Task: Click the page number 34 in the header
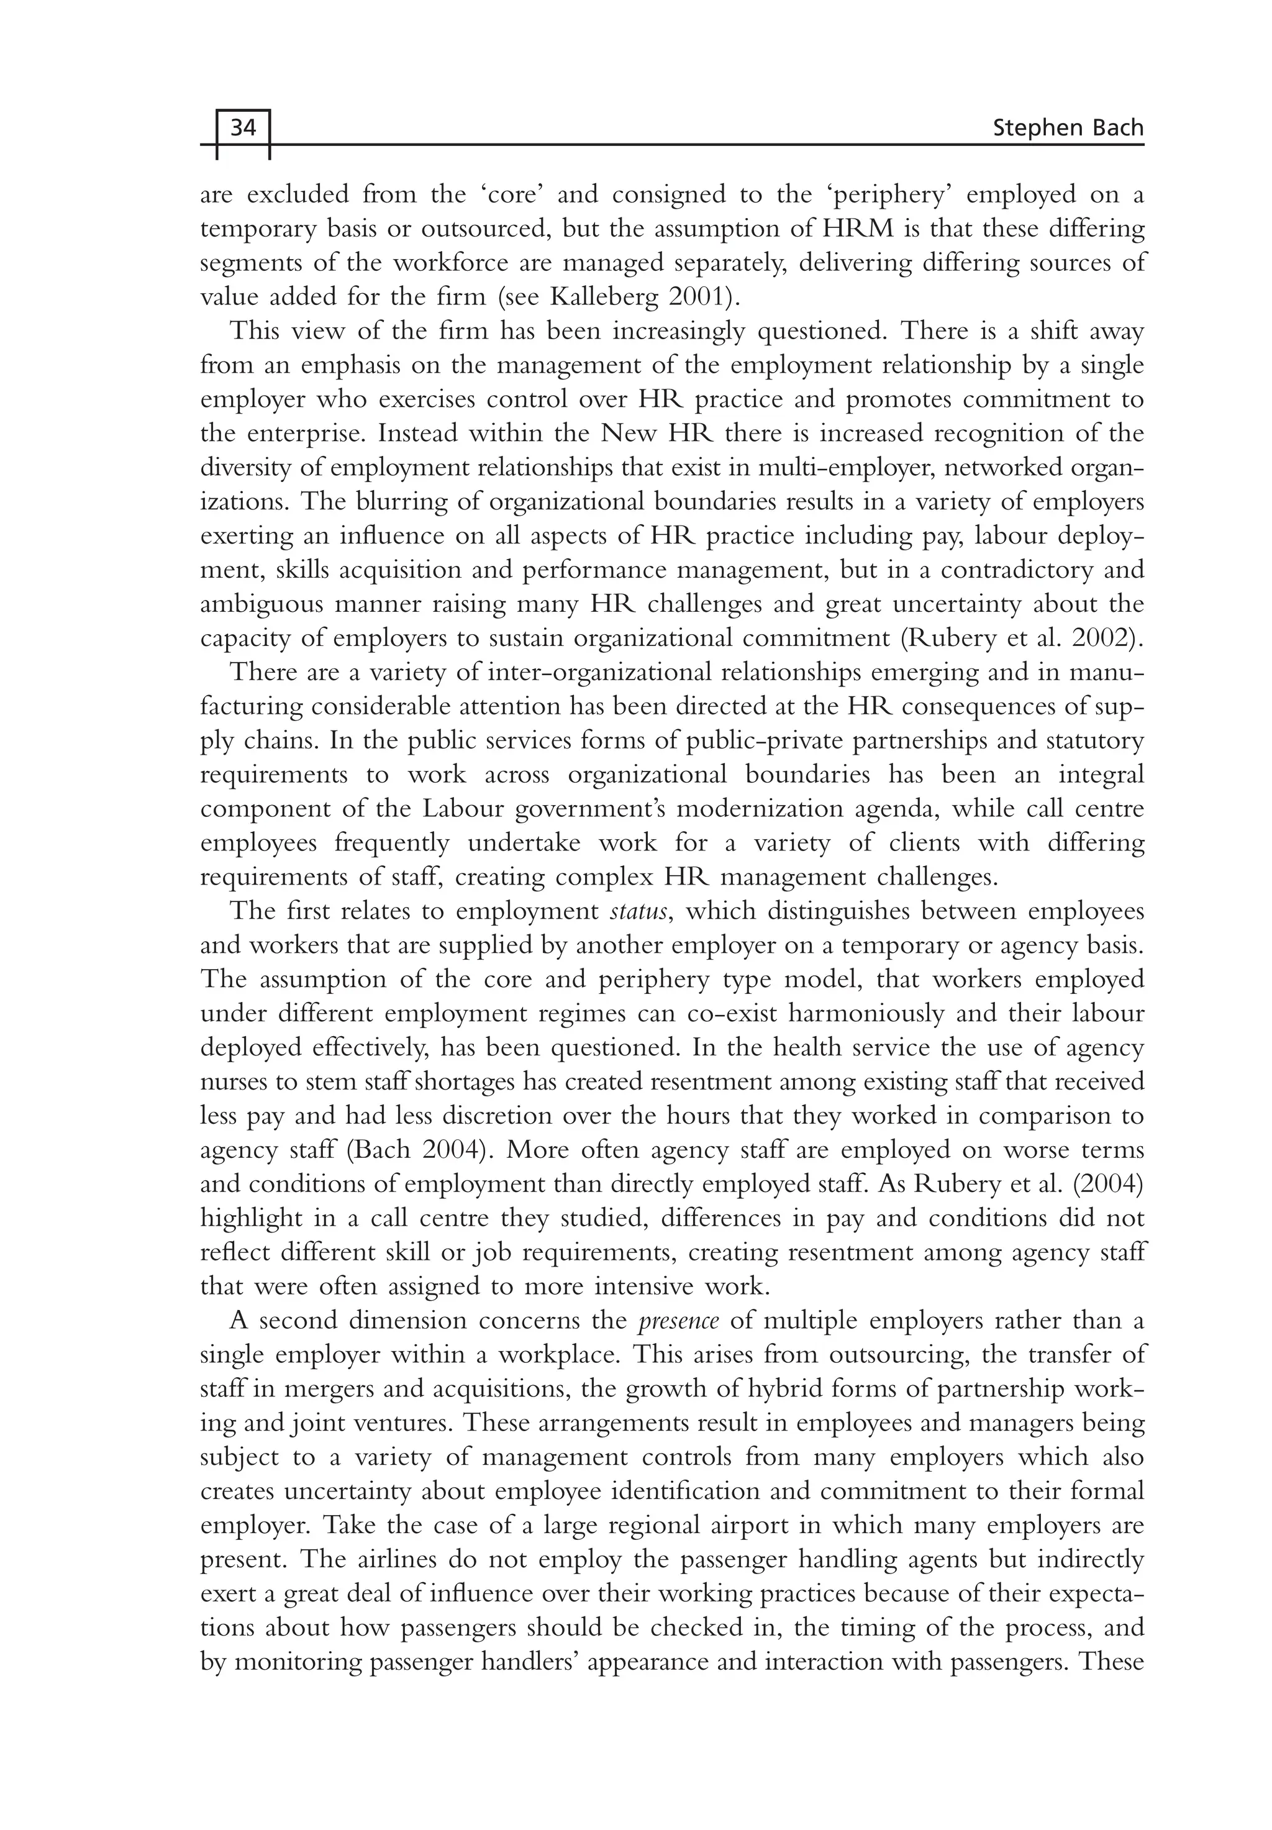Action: pos(243,127)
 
